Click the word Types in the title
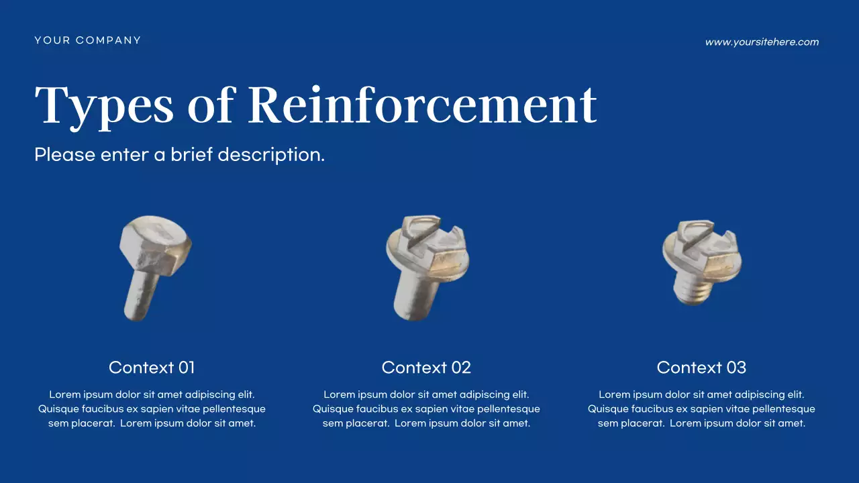(104, 106)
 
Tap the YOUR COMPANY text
(88, 40)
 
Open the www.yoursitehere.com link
(762, 42)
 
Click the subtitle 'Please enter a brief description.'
(179, 155)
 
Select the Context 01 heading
(152, 368)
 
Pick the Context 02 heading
(426, 368)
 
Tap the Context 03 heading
(701, 368)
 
